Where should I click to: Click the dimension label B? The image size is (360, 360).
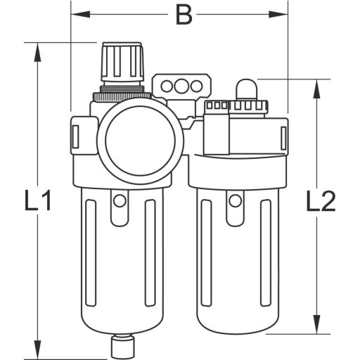[183, 15]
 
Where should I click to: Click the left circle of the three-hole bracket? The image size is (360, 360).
[167, 86]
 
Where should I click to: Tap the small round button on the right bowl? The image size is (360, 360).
[233, 202]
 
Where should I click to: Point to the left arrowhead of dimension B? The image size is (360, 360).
[77, 13]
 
